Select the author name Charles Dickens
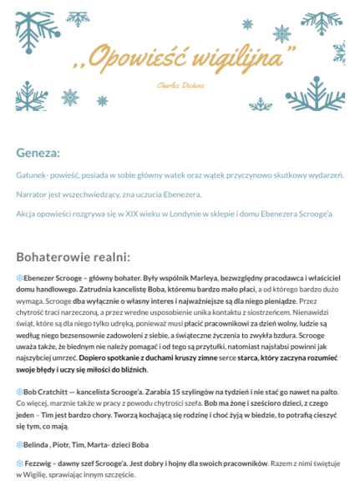point(179,86)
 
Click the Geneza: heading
point(38,154)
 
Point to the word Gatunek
point(31,175)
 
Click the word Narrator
point(33,195)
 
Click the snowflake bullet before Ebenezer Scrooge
point(20,277)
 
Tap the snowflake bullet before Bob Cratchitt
point(20,392)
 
